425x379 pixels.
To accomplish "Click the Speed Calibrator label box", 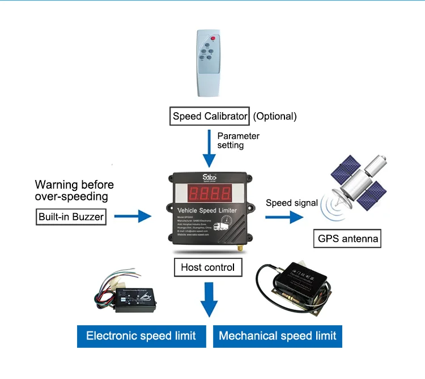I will pyautogui.click(x=210, y=117).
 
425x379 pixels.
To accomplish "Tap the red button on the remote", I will pyautogui.click(x=214, y=38).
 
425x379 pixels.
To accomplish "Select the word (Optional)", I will pyautogui.click(x=274, y=117).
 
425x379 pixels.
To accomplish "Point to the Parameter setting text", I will pyautogui.click(x=238, y=140).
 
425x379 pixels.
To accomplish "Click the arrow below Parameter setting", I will pyautogui.click(x=209, y=150).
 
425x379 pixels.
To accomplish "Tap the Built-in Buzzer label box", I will pyautogui.click(x=72, y=216).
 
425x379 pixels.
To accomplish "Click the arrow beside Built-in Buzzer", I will pyautogui.click(x=133, y=216).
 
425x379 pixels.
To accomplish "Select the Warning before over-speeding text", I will pyautogui.click(x=74, y=190).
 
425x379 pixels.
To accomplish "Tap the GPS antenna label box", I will pyautogui.click(x=347, y=239).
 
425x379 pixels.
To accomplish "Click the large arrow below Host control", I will pyautogui.click(x=209, y=299).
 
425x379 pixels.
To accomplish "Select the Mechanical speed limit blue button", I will pyautogui.click(x=278, y=336).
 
